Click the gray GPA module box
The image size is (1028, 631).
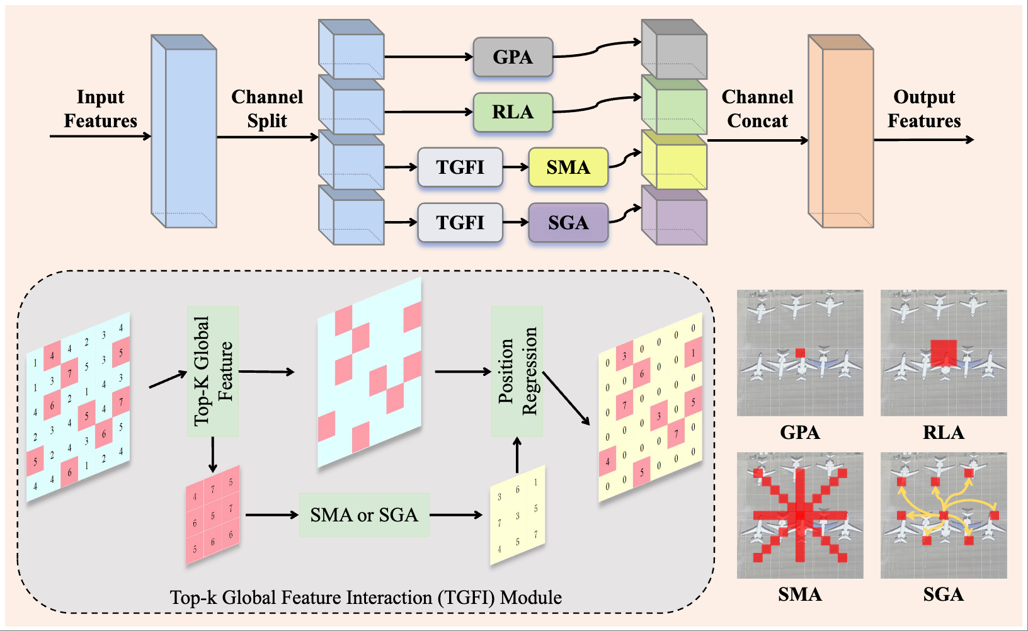[x=513, y=57]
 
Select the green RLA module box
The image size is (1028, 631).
[x=513, y=112]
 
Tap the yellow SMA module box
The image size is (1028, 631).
[x=568, y=168]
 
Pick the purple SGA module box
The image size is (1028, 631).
[x=568, y=223]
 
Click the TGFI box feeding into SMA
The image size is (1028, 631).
[x=460, y=168]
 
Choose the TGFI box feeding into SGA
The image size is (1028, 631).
[x=460, y=223]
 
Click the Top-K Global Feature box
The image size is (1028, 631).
[x=213, y=372]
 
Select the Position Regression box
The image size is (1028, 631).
[x=517, y=372]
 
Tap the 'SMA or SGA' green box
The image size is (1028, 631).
[x=364, y=515]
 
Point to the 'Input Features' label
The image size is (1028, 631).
[x=101, y=108]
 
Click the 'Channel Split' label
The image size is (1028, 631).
[x=267, y=108]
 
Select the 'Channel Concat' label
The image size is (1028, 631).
[x=757, y=108]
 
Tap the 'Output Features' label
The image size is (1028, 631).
[x=924, y=108]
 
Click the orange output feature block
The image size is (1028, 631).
[x=841, y=131]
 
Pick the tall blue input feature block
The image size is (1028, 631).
[x=184, y=131]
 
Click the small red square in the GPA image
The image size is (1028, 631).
[x=800, y=353]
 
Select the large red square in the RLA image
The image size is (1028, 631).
[x=944, y=353]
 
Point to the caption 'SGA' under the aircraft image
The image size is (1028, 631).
[x=944, y=594]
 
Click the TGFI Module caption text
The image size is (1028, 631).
[x=366, y=597]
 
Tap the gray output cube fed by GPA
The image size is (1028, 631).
[x=675, y=50]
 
